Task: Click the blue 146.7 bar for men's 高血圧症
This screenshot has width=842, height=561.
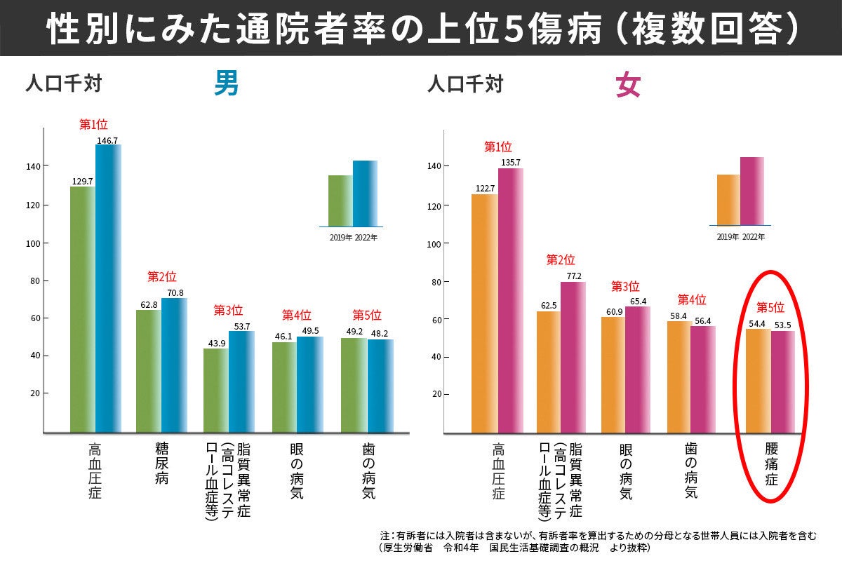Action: coord(108,288)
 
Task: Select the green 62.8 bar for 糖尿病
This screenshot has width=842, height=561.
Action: coord(148,372)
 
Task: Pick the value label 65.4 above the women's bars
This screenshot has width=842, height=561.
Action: coord(637,301)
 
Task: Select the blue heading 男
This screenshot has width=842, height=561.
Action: coord(226,85)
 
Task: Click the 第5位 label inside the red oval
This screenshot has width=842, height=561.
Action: coord(770,307)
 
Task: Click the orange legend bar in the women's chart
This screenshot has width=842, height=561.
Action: coord(728,199)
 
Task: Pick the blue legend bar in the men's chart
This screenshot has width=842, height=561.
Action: coord(365,193)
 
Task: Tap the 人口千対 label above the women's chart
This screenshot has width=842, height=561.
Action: coord(465,85)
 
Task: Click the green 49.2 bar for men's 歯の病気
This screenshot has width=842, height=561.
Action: coord(354,385)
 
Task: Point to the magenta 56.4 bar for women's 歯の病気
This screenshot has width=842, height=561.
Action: coord(703,379)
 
